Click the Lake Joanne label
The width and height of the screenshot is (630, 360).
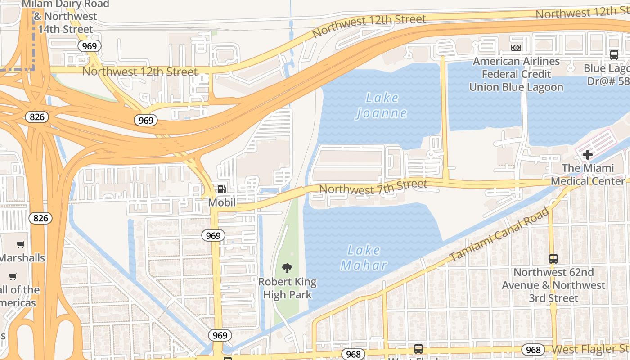(382, 105)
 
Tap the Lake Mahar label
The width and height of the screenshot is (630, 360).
(364, 257)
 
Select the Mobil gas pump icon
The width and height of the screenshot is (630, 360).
(221, 189)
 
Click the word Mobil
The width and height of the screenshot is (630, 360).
(222, 203)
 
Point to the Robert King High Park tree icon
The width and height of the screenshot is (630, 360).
(287, 269)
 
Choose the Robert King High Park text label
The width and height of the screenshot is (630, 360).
(287, 288)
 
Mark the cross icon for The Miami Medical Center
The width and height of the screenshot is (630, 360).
(587, 155)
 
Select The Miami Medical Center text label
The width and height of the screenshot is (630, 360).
(588, 175)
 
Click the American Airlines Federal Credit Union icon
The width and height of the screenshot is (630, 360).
(516, 48)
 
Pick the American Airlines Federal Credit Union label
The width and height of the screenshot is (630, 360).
(516, 74)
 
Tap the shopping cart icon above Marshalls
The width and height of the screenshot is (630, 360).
(21, 245)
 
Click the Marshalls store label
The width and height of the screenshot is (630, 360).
(22, 258)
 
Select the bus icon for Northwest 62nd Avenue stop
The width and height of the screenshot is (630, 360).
(553, 259)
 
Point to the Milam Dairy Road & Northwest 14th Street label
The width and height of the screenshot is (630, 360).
(65, 17)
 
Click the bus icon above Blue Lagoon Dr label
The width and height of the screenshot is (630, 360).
(614, 55)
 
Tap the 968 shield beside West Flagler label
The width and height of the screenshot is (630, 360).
(533, 350)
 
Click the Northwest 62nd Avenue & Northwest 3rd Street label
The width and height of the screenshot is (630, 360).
(553, 285)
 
